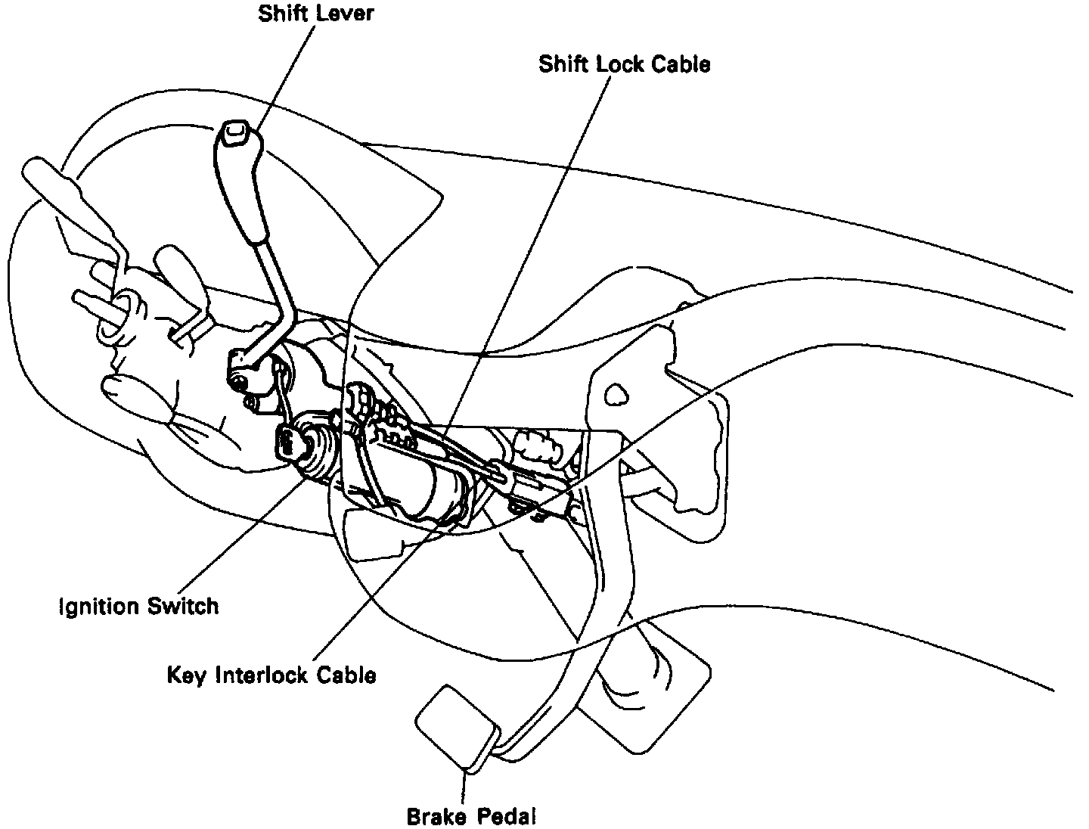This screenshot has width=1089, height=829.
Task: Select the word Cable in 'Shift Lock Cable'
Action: [x=682, y=64]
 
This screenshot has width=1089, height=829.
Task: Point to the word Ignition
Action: [x=99, y=607]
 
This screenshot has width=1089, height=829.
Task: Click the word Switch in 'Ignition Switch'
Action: [x=183, y=607]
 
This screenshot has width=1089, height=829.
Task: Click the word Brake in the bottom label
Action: [x=438, y=817]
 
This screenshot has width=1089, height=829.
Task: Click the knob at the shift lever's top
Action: [x=234, y=134]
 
